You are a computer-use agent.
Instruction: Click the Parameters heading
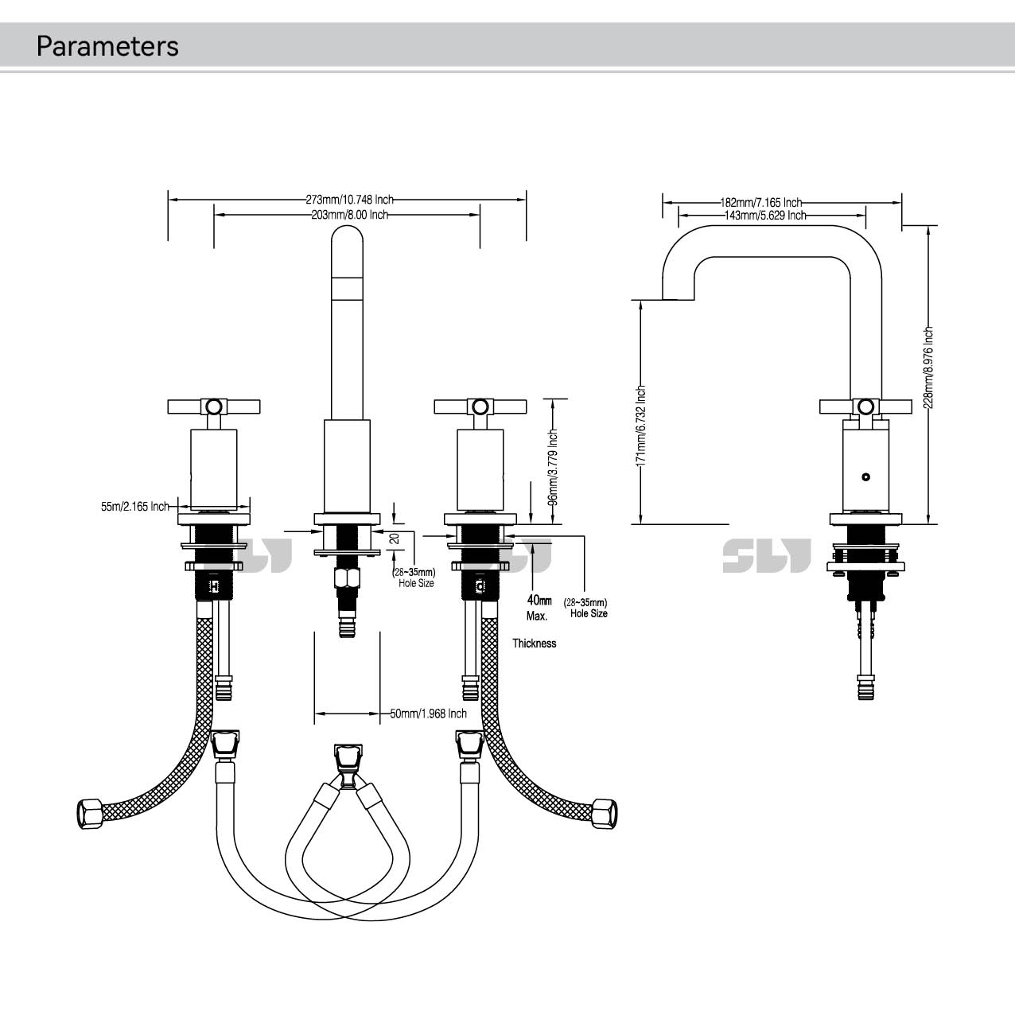pyautogui.click(x=107, y=46)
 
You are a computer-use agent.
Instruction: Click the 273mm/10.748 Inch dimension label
pyautogui.click(x=349, y=200)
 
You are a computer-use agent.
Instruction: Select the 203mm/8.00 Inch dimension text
pyautogui.click(x=349, y=215)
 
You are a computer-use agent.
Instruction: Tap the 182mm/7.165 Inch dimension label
pyautogui.click(x=761, y=203)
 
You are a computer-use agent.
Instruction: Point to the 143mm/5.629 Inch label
pyautogui.click(x=764, y=215)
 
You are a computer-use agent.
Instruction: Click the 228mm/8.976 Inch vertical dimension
pyautogui.click(x=928, y=367)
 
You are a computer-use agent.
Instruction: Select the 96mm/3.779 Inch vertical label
pyautogui.click(x=553, y=467)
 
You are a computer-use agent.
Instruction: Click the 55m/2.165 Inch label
pyautogui.click(x=134, y=506)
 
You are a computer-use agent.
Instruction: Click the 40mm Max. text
pyautogui.click(x=539, y=608)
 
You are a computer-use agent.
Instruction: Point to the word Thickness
pyautogui.click(x=534, y=644)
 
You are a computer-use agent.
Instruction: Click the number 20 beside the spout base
pyautogui.click(x=394, y=539)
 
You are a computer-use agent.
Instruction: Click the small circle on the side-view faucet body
pyautogui.click(x=866, y=477)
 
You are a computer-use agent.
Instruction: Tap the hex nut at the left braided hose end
pyautogui.click(x=89, y=814)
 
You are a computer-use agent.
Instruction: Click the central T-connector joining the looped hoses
pyautogui.click(x=346, y=764)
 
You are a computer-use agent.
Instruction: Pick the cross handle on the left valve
pyautogui.click(x=213, y=406)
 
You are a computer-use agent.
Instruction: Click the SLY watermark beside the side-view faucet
pyautogui.click(x=766, y=555)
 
